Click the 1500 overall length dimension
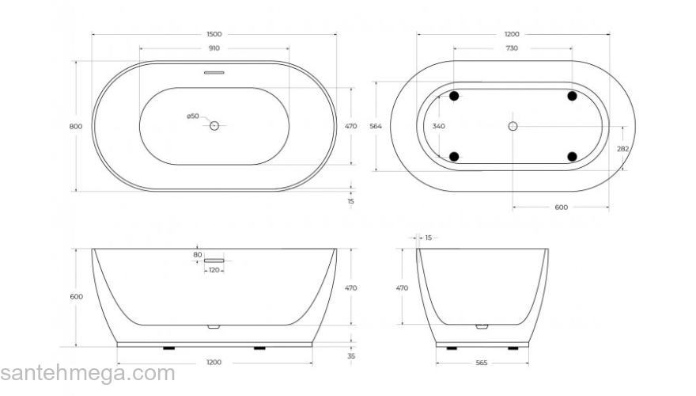click(x=214, y=34)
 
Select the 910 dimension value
click(x=214, y=48)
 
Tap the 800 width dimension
click(x=76, y=127)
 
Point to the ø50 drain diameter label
click(x=192, y=116)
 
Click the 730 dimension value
click(x=512, y=48)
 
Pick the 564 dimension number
click(x=376, y=127)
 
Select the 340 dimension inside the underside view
click(x=439, y=127)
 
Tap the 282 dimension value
click(x=623, y=148)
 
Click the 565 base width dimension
click(x=481, y=363)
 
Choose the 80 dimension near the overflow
click(x=198, y=254)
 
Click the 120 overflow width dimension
click(x=214, y=270)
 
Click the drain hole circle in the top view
click(x=214, y=126)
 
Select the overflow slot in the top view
click(x=214, y=72)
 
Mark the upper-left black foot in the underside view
click(x=454, y=96)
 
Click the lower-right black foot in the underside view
click(x=572, y=156)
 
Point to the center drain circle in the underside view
click(x=513, y=126)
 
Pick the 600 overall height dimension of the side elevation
click(x=76, y=296)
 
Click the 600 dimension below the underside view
click(x=561, y=208)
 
